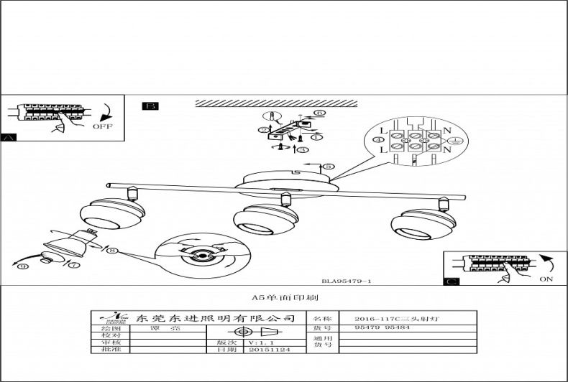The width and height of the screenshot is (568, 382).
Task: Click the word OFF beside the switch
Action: tap(104, 126)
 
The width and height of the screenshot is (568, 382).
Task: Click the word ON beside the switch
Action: tap(546, 279)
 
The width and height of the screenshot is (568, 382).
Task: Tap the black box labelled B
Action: tap(150, 106)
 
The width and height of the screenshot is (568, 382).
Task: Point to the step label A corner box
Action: tap(9, 137)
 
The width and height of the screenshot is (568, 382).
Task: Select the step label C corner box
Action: tap(452, 281)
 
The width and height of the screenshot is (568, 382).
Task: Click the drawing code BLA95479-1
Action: tap(347, 282)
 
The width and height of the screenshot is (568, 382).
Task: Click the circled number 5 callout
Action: tap(329, 167)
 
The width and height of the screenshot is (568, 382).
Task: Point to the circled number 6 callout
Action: tap(319, 113)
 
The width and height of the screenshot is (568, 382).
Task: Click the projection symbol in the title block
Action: tap(256, 332)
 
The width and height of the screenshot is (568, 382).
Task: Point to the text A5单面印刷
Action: tap(285, 297)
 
